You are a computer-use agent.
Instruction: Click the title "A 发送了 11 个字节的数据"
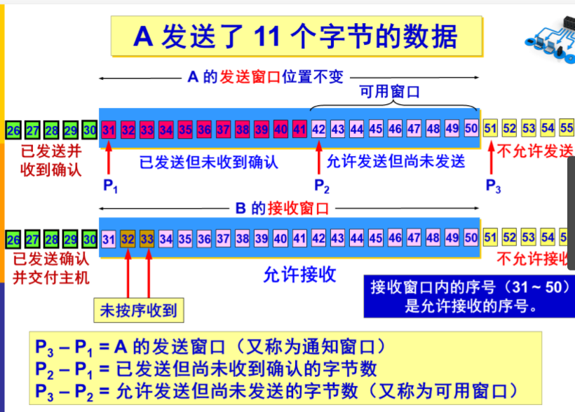pyautogui.click(x=297, y=36)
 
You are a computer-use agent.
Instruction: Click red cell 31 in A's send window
pyautogui.click(x=109, y=129)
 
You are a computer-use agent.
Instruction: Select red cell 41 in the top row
pyautogui.click(x=299, y=129)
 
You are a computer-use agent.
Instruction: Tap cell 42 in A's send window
pyautogui.click(x=318, y=129)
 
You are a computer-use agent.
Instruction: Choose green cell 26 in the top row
pyautogui.click(x=13, y=130)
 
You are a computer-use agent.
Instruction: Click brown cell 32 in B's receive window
pyautogui.click(x=128, y=238)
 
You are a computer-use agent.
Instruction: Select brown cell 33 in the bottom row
pyautogui.click(x=147, y=238)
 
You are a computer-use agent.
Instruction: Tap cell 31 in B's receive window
pyautogui.click(x=109, y=238)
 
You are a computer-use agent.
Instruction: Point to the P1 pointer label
pyautogui.click(x=110, y=186)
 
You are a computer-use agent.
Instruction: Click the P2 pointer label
pyautogui.click(x=321, y=186)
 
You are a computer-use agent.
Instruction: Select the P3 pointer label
pyautogui.click(x=493, y=186)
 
